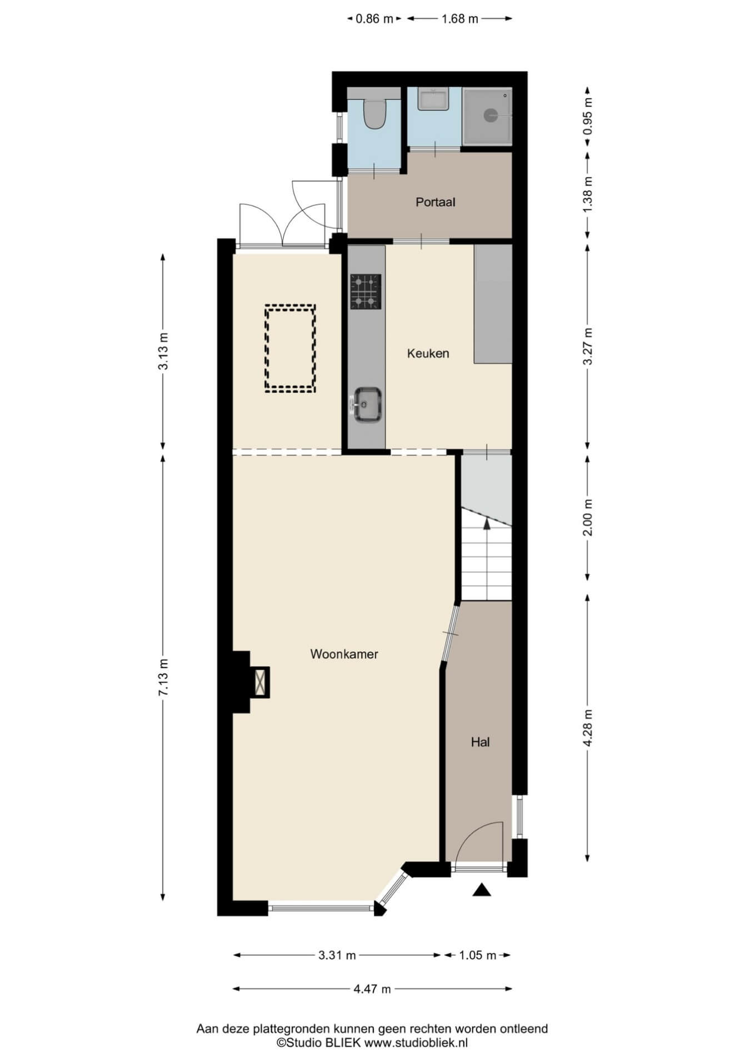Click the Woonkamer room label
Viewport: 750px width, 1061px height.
click(344, 654)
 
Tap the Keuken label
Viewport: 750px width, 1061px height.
click(428, 353)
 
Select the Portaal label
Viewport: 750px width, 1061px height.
click(435, 202)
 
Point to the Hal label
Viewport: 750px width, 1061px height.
click(480, 742)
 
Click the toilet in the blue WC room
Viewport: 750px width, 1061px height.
click(373, 112)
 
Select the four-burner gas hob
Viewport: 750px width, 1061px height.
click(366, 291)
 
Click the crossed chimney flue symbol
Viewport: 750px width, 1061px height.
click(259, 682)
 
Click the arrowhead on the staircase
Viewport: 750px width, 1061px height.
click(487, 522)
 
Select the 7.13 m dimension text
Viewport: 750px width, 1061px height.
click(163, 676)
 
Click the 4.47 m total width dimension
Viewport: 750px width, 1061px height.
click(372, 989)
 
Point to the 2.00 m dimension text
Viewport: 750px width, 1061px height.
click(588, 517)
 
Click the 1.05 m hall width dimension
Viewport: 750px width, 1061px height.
click(477, 955)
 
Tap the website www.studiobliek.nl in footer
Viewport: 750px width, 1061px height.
click(416, 1043)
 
